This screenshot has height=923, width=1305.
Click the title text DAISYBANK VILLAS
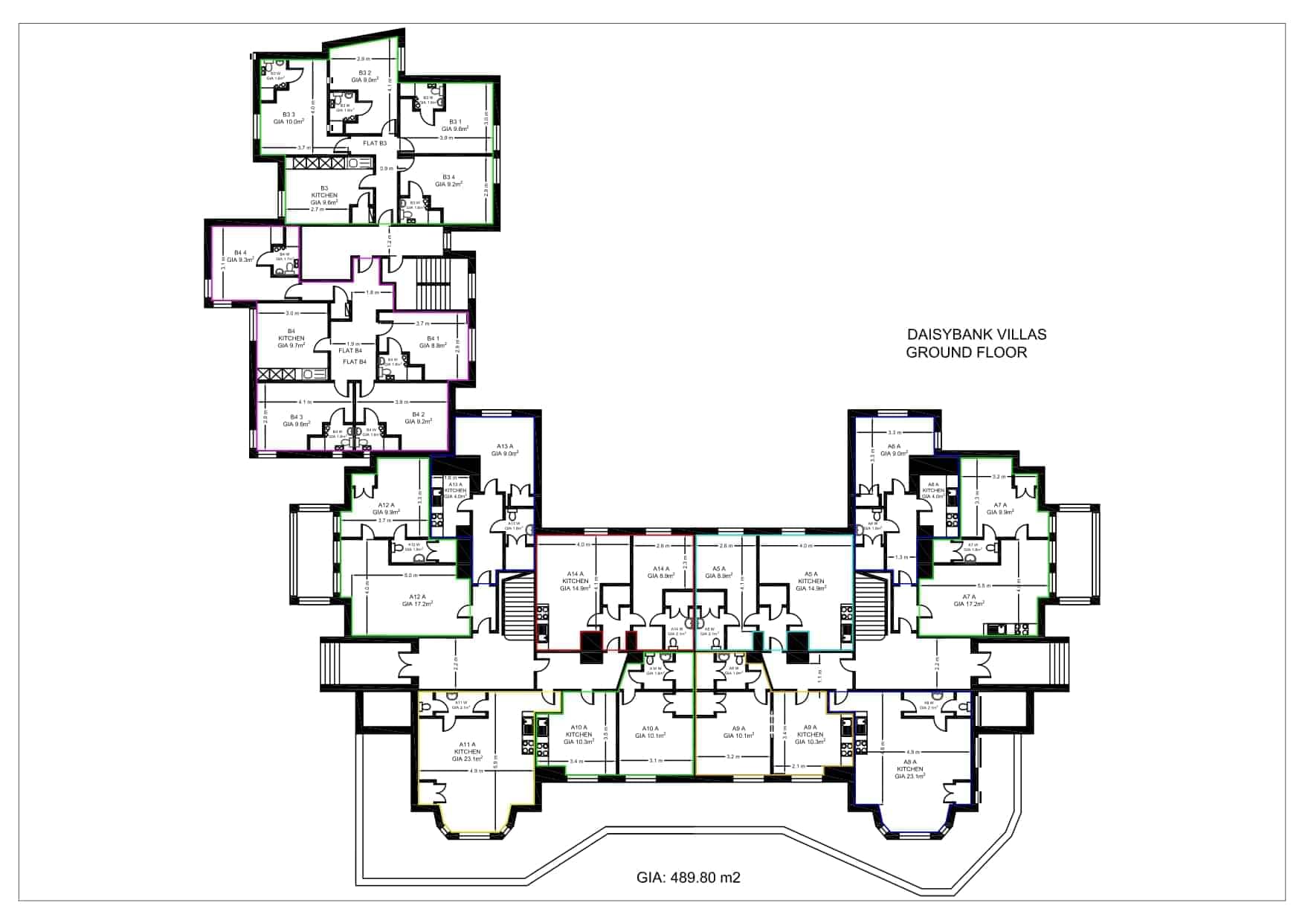coord(976,335)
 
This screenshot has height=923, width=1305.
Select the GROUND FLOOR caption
coord(966,353)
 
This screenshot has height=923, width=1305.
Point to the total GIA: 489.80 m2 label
coord(688,878)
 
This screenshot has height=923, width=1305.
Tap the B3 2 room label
coord(364,76)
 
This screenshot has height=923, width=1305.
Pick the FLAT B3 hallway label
coord(374,143)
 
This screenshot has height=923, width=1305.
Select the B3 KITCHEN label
coord(324,195)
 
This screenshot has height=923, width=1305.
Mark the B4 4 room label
coord(240,256)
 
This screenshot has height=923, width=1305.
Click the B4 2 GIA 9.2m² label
coord(418,418)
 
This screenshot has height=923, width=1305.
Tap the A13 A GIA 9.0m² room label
coord(505,449)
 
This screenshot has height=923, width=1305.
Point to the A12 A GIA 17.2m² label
coord(417,600)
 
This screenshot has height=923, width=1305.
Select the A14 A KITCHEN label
coord(576,581)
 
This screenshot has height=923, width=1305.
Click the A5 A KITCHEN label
coord(811,581)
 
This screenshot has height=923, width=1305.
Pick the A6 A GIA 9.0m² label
coord(894,449)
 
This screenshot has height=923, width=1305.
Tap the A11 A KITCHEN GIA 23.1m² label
coord(467,751)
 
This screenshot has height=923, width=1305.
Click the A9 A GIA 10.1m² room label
coord(738,732)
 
